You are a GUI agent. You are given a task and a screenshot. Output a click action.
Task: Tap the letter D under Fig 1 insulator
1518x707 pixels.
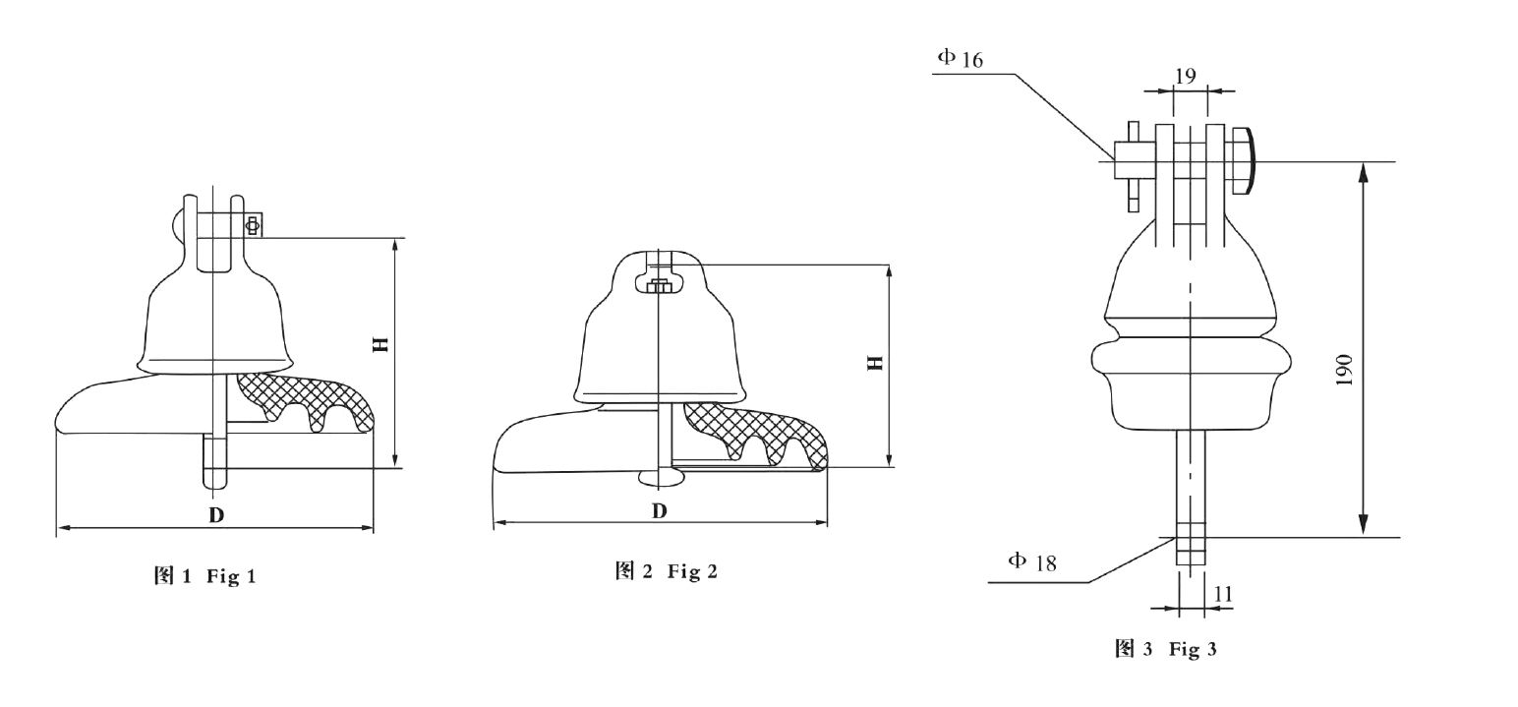[215, 514]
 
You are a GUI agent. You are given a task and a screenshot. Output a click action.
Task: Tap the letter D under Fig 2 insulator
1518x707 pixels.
[659, 510]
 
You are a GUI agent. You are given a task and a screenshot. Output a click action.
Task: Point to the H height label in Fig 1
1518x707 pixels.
[379, 344]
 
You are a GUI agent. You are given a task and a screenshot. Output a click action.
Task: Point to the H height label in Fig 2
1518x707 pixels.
[874, 362]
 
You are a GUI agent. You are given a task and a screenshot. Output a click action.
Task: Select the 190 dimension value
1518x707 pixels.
[1344, 369]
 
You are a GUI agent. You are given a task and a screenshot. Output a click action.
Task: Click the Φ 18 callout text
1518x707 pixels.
[1032, 562]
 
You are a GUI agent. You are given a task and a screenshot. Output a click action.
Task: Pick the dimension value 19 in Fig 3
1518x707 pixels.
[1185, 76]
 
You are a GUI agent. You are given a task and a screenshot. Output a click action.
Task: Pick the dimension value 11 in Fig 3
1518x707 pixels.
[1223, 594]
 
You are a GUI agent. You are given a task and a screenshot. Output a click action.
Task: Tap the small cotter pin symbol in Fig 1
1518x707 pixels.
[253, 225]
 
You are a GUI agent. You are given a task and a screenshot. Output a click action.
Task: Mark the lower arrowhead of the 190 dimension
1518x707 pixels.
[1363, 527]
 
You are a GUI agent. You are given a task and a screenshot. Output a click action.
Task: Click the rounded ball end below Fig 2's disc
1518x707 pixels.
[660, 477]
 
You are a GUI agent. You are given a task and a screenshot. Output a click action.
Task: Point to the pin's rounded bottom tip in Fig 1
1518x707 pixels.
[215, 482]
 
